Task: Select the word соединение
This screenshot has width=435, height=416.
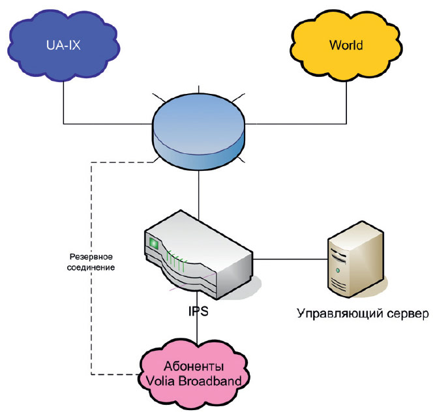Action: pyautogui.click(x=92, y=267)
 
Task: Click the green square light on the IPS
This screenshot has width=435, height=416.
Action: pyautogui.click(x=155, y=244)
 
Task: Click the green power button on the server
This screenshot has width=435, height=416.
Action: pyautogui.click(x=338, y=269)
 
